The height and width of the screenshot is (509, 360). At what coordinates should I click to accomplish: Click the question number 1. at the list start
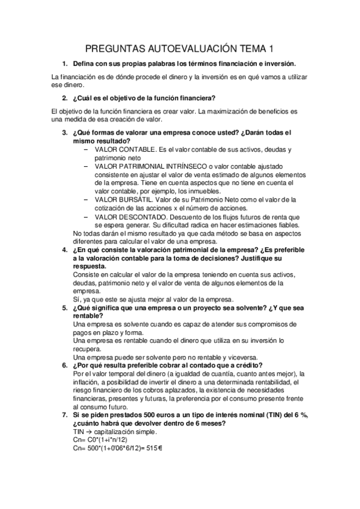(x=65, y=63)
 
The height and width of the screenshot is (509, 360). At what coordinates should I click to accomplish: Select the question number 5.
(x=65, y=307)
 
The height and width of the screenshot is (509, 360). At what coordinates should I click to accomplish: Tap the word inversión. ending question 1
(x=278, y=63)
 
